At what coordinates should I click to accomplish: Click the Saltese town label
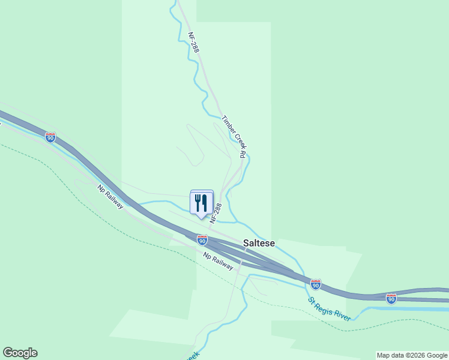pos(259,243)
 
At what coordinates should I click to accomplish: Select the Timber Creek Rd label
pos(234,137)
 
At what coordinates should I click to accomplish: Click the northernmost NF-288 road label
pos(193,43)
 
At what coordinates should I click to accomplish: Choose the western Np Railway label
pos(110,197)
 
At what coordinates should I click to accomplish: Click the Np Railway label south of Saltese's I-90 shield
pos(218,260)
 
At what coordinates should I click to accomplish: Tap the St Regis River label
pos(330,308)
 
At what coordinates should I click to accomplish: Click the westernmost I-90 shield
pos(50,138)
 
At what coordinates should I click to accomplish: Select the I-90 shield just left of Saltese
pos(202,240)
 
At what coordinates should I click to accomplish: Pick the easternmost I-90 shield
pos(391,298)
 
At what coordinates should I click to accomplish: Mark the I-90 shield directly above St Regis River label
pos(316,284)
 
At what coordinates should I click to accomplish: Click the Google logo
pos(20,353)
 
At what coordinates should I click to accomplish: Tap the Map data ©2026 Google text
pos(412,355)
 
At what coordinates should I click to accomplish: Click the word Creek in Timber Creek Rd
pos(235,137)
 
